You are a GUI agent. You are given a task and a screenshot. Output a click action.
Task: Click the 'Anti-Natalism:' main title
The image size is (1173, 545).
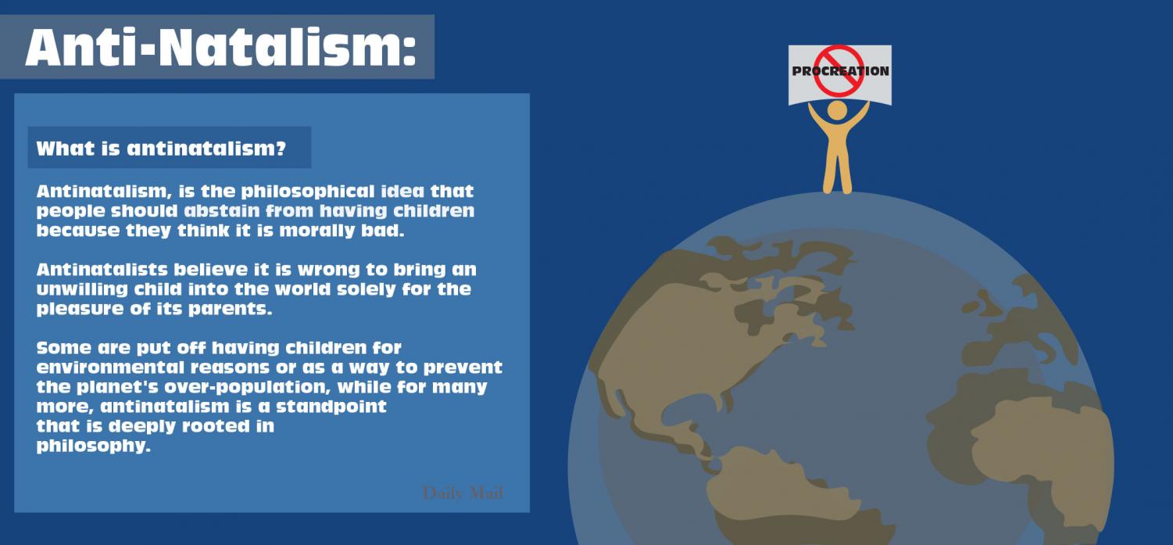pos(220,47)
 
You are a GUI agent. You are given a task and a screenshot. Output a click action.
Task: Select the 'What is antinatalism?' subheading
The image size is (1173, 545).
pos(161,149)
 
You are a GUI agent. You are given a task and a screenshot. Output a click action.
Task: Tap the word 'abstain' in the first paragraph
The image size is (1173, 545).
pos(221,210)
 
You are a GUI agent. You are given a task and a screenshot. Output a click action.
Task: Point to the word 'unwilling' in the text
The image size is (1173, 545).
pos(82,290)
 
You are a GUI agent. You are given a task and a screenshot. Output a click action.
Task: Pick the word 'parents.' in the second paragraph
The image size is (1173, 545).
pos(230,309)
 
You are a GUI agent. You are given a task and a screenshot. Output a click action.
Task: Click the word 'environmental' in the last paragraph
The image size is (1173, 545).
pos(109,368)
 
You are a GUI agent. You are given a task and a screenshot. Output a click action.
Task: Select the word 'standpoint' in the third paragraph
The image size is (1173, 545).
pos(331,407)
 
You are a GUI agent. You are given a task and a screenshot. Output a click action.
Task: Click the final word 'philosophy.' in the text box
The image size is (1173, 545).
pos(93,446)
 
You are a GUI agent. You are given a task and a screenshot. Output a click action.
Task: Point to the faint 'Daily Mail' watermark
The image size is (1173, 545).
pos(463,493)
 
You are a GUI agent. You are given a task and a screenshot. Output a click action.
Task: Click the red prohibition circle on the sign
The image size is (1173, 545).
pos(839,70)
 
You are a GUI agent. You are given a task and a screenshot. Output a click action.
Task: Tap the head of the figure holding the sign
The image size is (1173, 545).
pos(837,110)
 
